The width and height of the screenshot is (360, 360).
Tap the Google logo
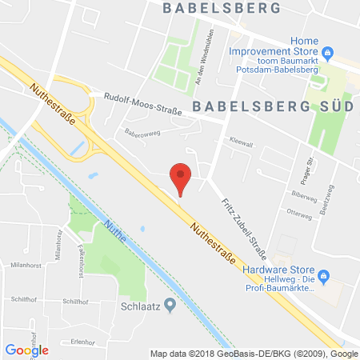pos(27,350)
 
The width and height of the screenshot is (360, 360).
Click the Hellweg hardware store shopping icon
pos(324,277)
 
